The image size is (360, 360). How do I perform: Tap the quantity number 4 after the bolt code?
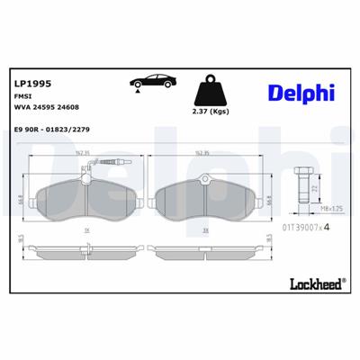327,228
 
